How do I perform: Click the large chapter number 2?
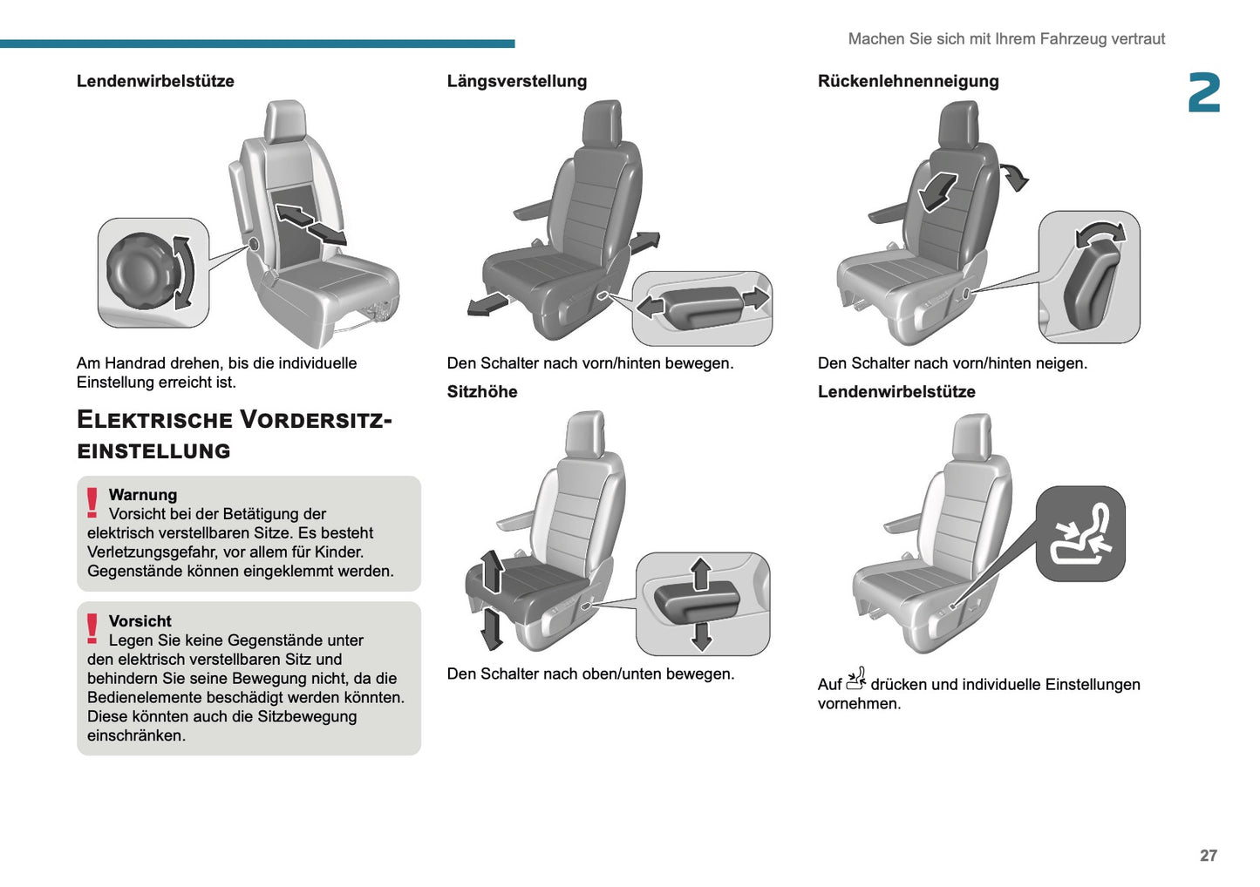click(x=1203, y=93)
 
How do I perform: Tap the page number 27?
click(x=1208, y=856)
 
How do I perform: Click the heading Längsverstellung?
click(x=516, y=81)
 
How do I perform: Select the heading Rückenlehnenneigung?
click(x=908, y=81)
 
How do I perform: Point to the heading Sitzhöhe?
click(x=481, y=392)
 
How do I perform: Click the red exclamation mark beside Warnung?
click(x=92, y=503)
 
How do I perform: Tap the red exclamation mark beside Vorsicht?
click(x=92, y=629)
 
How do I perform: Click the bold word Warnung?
click(x=143, y=495)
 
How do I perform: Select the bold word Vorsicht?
click(x=140, y=621)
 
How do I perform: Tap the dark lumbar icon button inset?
click(x=1080, y=534)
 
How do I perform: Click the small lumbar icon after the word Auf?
click(x=855, y=679)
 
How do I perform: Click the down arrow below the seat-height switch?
click(x=701, y=637)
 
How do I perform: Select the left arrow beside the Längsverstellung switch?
click(x=650, y=307)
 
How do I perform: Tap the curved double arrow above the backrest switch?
click(x=1100, y=233)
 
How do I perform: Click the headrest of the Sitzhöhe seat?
click(x=584, y=433)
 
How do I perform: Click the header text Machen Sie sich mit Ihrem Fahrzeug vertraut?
click(x=1006, y=39)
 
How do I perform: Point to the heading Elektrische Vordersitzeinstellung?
click(x=234, y=435)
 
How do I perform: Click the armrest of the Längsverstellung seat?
click(x=532, y=210)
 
